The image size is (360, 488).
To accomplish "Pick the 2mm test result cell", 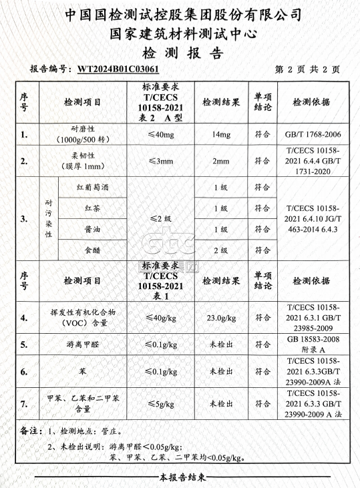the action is pyautogui.click(x=220, y=162).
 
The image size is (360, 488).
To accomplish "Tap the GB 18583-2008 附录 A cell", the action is pyautogui.click(x=313, y=344).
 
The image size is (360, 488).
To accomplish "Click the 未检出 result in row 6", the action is pyautogui.click(x=220, y=371).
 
